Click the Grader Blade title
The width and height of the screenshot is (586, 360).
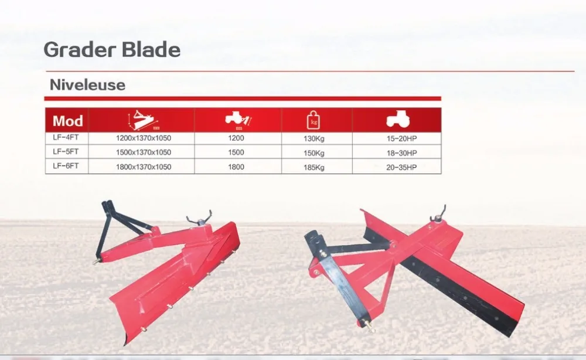(x=112, y=49)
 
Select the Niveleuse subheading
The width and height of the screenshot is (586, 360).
(x=87, y=85)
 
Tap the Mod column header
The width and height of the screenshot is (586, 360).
(x=67, y=121)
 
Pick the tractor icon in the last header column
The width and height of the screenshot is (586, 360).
(x=398, y=120)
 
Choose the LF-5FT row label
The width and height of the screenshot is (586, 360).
(x=66, y=152)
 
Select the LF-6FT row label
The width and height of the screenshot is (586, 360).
(x=66, y=167)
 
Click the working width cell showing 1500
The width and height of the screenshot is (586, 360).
(x=237, y=153)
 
